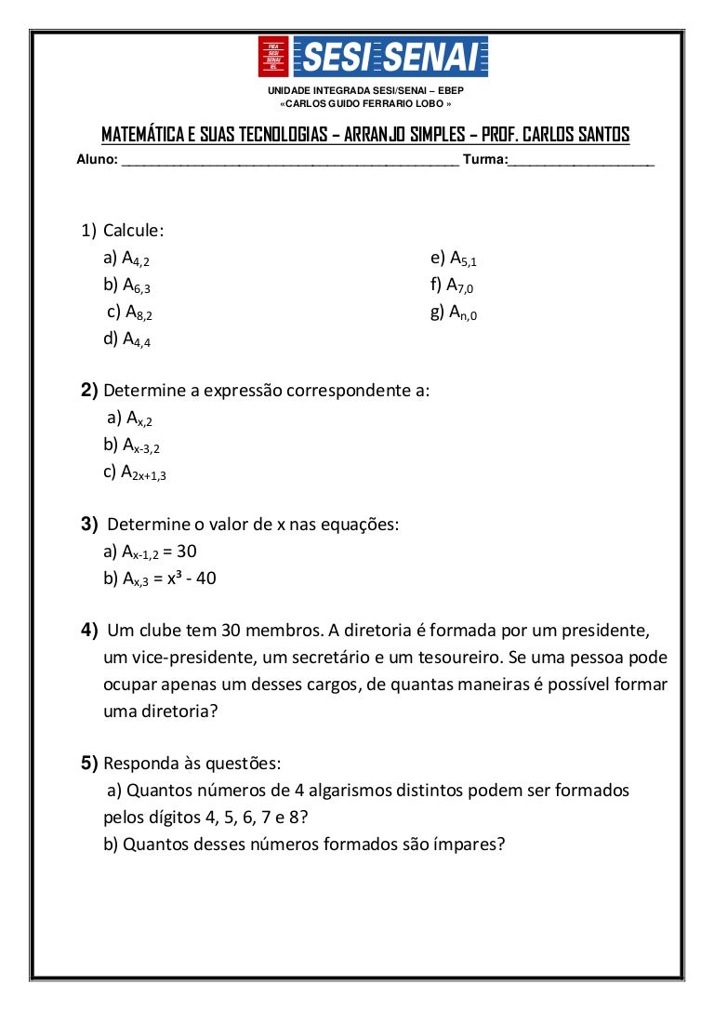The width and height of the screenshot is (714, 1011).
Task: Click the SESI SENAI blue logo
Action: [x=390, y=58]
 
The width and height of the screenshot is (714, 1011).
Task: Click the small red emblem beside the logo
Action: [x=273, y=58]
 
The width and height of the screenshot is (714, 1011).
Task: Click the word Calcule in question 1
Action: [x=134, y=230]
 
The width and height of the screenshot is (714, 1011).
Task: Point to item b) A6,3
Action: [x=127, y=286]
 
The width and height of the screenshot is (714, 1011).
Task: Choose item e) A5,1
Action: [x=454, y=259]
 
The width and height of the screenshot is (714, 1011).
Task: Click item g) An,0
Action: [x=454, y=313]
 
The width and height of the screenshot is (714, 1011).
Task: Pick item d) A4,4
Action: [x=127, y=339]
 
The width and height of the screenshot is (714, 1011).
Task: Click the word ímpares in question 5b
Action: [x=467, y=845]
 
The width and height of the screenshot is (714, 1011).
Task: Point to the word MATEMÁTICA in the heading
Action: [x=143, y=134]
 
